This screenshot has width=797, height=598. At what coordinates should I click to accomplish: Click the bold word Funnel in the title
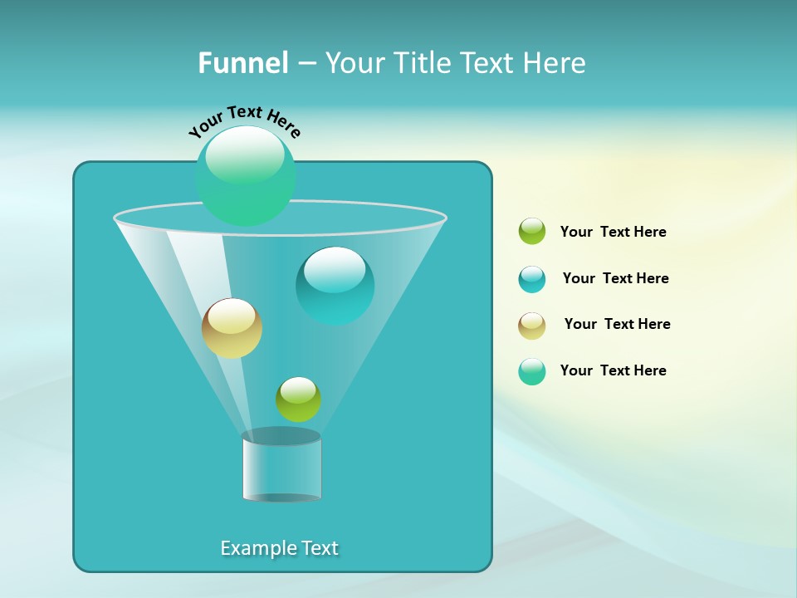tap(242, 63)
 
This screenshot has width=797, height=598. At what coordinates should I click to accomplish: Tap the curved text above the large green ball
tap(244, 120)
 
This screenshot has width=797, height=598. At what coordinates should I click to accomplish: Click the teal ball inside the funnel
tap(335, 287)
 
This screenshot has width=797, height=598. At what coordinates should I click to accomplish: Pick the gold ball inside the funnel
tap(232, 329)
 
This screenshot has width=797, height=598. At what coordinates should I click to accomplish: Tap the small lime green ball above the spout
tap(298, 399)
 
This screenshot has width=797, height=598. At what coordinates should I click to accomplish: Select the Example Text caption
tap(279, 548)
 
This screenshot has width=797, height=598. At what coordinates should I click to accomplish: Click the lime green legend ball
tap(532, 231)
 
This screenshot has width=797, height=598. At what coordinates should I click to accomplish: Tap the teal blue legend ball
tap(532, 279)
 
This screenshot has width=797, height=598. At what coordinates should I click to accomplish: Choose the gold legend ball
tap(532, 326)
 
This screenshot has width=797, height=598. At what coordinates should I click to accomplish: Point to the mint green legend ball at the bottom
tap(532, 371)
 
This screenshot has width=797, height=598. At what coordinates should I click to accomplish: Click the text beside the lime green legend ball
tap(613, 233)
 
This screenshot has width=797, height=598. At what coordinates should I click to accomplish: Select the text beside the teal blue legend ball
tap(615, 278)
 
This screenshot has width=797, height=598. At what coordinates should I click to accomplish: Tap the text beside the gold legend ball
tap(617, 324)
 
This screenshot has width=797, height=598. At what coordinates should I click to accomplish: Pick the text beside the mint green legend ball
tap(613, 370)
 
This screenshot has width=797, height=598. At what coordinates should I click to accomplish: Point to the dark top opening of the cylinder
tap(281, 436)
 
